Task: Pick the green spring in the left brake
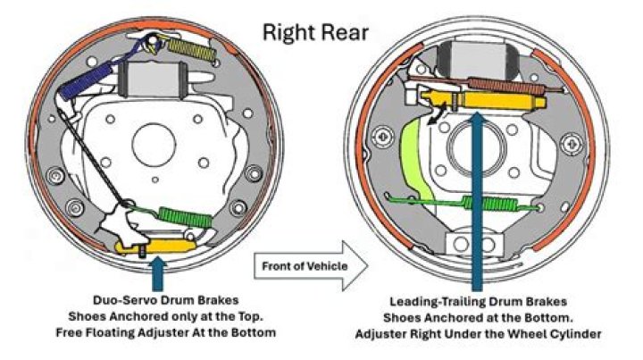click(x=185, y=215)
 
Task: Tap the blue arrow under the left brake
click(x=159, y=271)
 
